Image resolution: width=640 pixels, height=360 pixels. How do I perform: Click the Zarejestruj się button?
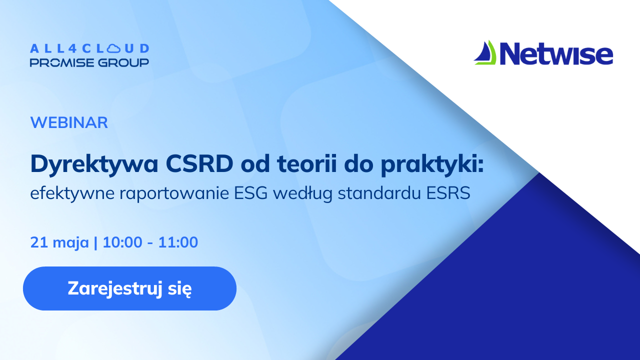(x=129, y=288)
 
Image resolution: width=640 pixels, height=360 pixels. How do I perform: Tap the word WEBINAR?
(x=69, y=122)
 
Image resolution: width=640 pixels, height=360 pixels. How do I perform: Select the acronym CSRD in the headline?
(x=199, y=164)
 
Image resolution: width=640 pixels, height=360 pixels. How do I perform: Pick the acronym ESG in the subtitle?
(x=250, y=193)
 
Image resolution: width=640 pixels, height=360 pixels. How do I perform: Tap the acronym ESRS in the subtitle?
(x=448, y=193)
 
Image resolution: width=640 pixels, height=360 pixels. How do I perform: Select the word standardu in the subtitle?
(x=379, y=193)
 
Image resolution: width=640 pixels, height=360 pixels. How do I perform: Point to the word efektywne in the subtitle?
(x=72, y=193)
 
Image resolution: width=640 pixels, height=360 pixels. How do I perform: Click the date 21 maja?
(x=59, y=242)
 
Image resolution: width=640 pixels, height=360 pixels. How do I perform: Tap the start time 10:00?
(x=122, y=242)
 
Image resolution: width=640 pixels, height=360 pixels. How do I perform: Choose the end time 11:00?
(x=178, y=242)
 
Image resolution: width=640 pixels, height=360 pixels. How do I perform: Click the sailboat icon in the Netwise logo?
(x=485, y=52)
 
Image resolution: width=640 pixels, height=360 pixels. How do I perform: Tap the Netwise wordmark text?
(x=556, y=53)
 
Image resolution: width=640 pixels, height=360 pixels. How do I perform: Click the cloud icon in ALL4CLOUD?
(x=113, y=48)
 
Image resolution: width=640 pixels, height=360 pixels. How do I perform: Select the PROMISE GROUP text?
(x=89, y=62)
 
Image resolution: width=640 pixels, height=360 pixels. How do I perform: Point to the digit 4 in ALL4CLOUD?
(x=72, y=48)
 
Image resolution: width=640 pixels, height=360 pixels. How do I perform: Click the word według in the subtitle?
(x=303, y=193)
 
